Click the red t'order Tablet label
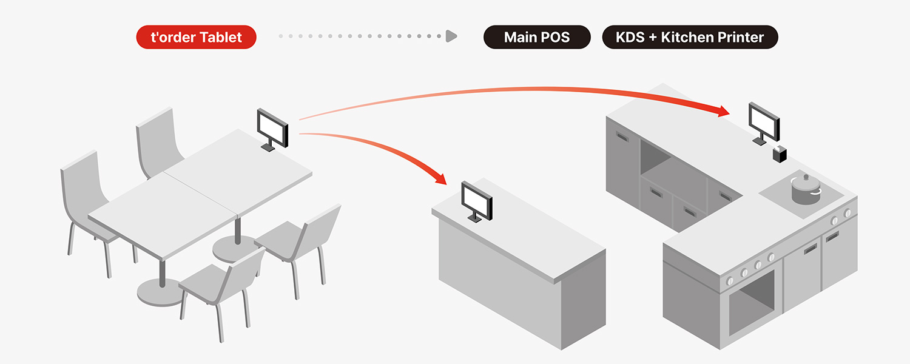click(x=197, y=37)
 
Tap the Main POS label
click(x=537, y=37)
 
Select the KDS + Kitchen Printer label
click(x=690, y=37)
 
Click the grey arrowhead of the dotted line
click(x=451, y=36)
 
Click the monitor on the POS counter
click(x=477, y=200)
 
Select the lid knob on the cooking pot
click(x=806, y=177)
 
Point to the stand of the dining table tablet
click(x=266, y=146)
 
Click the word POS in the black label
click(x=556, y=37)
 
